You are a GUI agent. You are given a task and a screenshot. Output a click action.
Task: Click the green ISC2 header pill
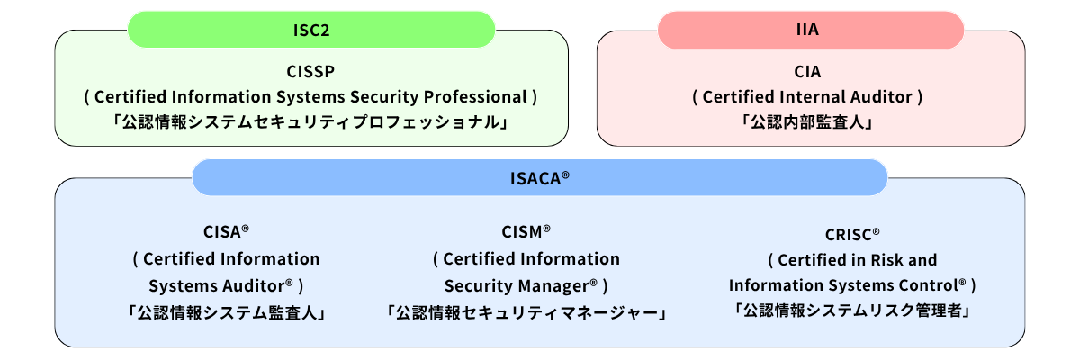pos(311,29)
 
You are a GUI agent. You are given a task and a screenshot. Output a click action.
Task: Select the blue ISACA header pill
pos(539,177)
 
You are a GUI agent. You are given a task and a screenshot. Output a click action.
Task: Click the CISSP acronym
pos(311,71)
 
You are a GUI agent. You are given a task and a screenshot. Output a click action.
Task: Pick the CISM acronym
pos(523,232)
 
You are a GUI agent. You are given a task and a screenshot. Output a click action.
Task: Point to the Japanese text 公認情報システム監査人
pos(225,312)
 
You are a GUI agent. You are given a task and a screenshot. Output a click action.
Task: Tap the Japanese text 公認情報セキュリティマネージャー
pos(526,312)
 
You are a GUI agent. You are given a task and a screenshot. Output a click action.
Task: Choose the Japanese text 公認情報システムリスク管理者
pos(851,310)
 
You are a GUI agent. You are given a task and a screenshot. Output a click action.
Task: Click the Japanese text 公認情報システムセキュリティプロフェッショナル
pos(311,121)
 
